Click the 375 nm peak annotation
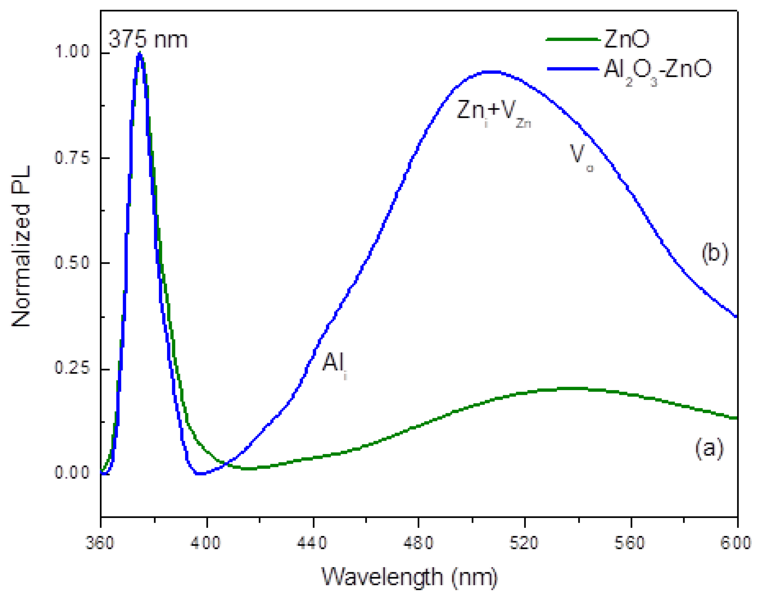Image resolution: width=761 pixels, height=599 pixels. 148,39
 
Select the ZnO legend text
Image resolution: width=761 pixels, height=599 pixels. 627,39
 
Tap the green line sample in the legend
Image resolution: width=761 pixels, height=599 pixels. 573,40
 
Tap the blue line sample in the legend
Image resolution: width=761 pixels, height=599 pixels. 573,69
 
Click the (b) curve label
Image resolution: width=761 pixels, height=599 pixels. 715,254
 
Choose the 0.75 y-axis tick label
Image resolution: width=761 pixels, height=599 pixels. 72,158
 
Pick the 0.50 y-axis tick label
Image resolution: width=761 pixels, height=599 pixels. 72,263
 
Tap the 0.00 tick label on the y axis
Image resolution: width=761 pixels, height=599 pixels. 72,473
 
